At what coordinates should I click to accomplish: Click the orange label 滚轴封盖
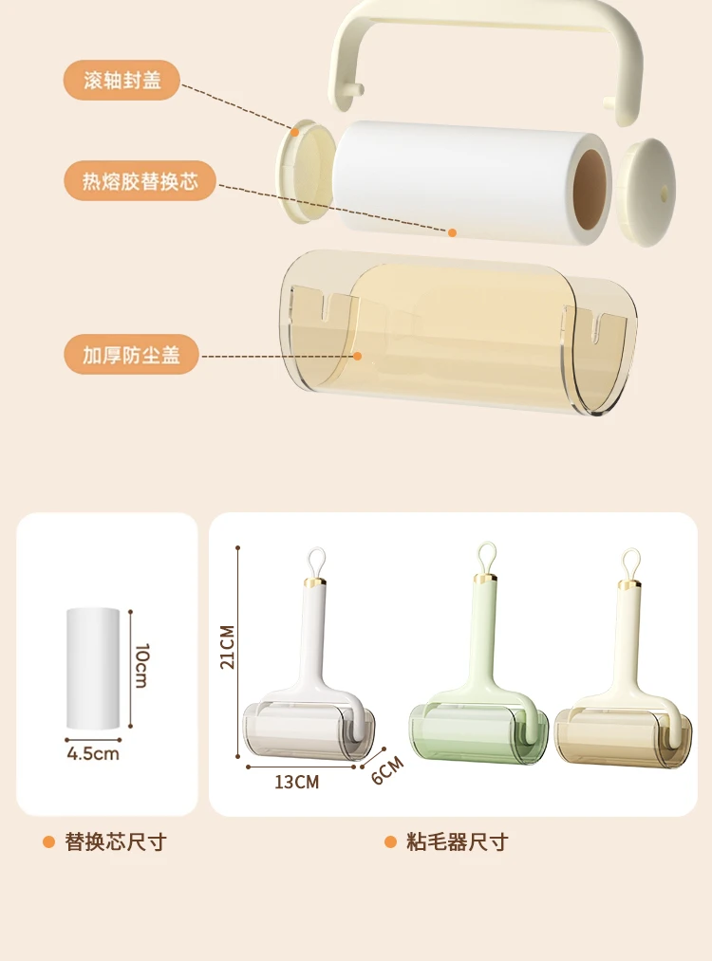point(122,81)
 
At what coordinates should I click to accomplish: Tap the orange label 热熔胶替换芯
point(140,181)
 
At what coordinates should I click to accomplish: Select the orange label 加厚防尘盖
point(131,354)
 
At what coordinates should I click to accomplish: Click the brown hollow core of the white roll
point(590,189)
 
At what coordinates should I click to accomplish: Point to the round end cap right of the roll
point(646,192)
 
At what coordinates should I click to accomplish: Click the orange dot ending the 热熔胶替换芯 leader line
point(452,232)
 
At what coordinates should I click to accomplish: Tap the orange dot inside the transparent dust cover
point(358,356)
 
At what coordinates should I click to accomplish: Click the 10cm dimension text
point(141,666)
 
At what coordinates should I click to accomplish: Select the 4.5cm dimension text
point(93,754)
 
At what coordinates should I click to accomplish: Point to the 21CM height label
point(228,647)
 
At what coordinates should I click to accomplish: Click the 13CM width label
point(297,782)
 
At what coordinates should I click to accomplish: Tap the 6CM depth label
point(387,769)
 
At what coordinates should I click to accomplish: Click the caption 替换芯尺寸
point(116,842)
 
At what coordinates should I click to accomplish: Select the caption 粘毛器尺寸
point(458,842)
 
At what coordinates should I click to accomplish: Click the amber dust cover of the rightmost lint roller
point(623,738)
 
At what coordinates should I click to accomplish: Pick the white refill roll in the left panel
point(93,669)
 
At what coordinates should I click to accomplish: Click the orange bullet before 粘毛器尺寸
point(390,842)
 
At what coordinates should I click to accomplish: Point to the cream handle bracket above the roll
point(486,18)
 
